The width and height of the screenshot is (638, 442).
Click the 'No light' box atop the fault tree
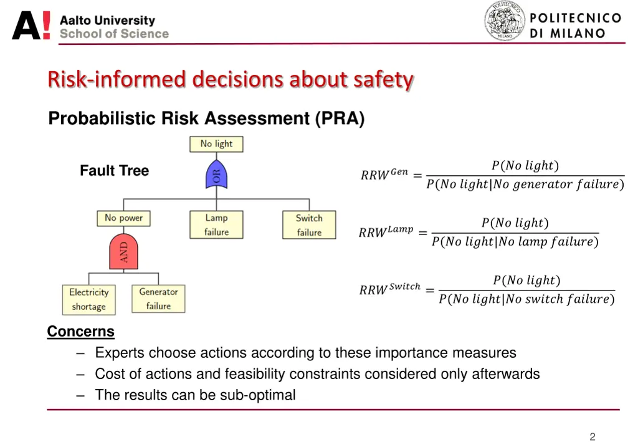[x=216, y=144]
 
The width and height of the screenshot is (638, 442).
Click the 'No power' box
[x=123, y=218]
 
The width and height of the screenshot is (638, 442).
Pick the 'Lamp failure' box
[x=216, y=225]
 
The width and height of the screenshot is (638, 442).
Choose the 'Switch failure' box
[x=309, y=225]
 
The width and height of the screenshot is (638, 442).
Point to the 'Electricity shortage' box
[x=89, y=299]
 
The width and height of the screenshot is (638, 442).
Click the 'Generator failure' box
[x=158, y=299]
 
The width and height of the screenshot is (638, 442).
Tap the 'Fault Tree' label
[x=114, y=171]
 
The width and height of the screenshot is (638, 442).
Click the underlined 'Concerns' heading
[x=81, y=331]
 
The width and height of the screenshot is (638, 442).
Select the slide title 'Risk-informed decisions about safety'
[x=231, y=80]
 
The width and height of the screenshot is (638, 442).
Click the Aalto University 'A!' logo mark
[x=31, y=27]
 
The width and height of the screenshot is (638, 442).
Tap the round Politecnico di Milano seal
[x=505, y=21]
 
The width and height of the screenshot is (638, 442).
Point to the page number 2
[x=593, y=436]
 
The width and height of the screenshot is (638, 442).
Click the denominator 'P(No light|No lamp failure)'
[x=515, y=242]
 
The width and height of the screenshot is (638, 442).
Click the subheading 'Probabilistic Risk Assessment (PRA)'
[x=206, y=118]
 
